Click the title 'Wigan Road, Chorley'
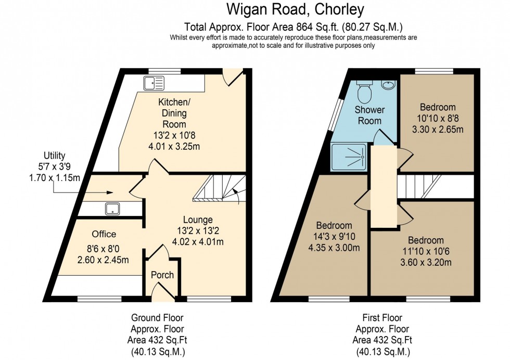click(295, 9)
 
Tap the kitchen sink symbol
click(155, 82)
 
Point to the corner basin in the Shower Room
click(388, 85)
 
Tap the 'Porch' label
click(162, 275)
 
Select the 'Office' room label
click(104, 234)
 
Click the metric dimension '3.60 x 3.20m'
click(426, 262)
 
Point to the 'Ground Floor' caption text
click(157, 317)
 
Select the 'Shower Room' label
click(369, 115)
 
